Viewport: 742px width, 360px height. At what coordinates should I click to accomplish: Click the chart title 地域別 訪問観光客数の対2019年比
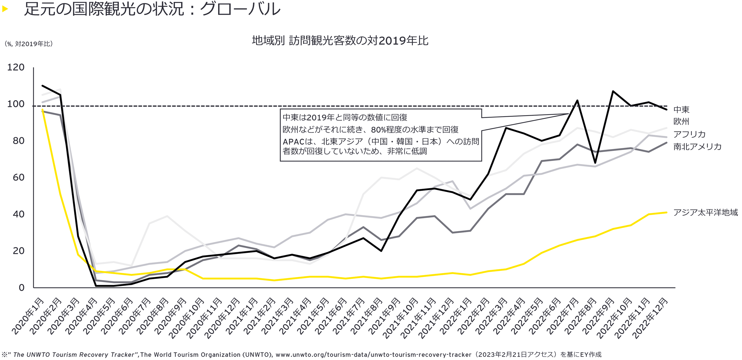[x=340, y=41]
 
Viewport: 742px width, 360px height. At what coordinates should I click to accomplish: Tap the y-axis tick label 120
[x=16, y=67]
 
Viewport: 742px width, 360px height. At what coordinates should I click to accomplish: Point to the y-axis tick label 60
[x=18, y=178]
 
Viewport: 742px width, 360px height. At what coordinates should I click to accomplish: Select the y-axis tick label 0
[x=22, y=288]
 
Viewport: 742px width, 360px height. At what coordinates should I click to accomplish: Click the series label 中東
[x=681, y=109]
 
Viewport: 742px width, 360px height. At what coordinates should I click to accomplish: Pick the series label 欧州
[x=681, y=122]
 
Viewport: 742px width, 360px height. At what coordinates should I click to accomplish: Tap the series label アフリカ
[x=689, y=134]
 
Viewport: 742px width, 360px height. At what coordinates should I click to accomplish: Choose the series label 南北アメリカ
[x=697, y=147]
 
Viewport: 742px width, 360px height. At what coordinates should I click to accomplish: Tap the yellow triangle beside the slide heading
[x=5, y=9]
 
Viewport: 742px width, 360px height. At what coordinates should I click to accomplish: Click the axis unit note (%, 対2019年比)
[x=28, y=44]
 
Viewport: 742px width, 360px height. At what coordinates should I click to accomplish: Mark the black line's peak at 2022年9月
[x=613, y=91]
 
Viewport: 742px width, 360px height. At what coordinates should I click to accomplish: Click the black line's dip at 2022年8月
[x=595, y=163]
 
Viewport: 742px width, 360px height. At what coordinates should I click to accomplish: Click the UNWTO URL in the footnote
[x=373, y=355]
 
